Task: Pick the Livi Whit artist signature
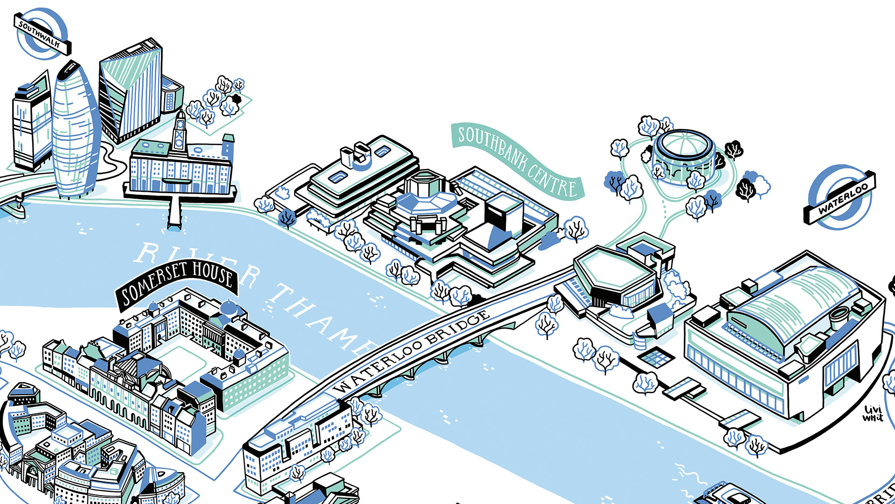coord(873,413)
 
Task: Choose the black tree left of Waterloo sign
coord(746,189)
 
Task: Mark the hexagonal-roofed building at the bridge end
coord(611,271)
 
